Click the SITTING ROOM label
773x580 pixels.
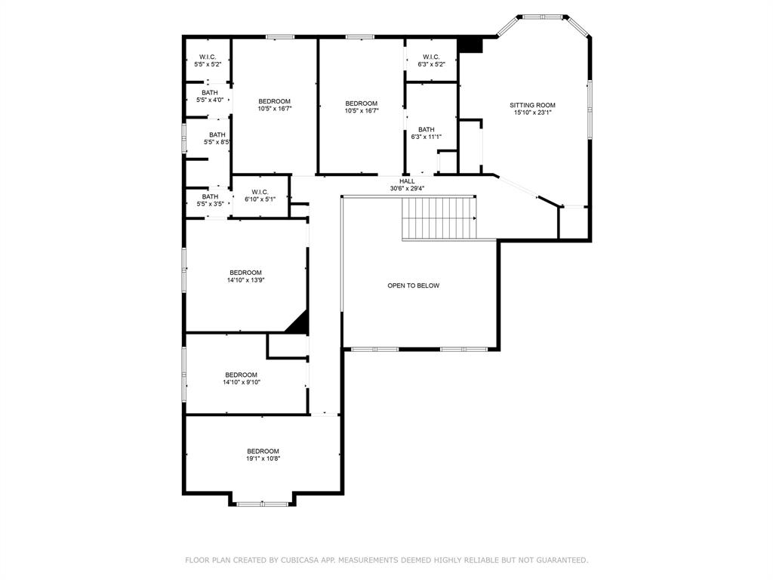tap(532, 105)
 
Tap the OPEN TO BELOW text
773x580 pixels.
tap(413, 285)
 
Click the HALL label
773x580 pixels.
tap(407, 181)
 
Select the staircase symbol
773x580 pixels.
tap(439, 218)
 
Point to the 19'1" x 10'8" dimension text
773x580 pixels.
tap(263, 458)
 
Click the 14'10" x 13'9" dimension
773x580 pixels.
tap(245, 280)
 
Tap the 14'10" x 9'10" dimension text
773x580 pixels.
tap(241, 382)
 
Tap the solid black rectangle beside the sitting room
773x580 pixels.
tap(470, 45)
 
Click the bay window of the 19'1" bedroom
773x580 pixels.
tap(262, 504)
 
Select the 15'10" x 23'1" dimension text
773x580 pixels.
tap(532, 113)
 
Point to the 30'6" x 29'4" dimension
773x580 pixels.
tap(407, 188)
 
